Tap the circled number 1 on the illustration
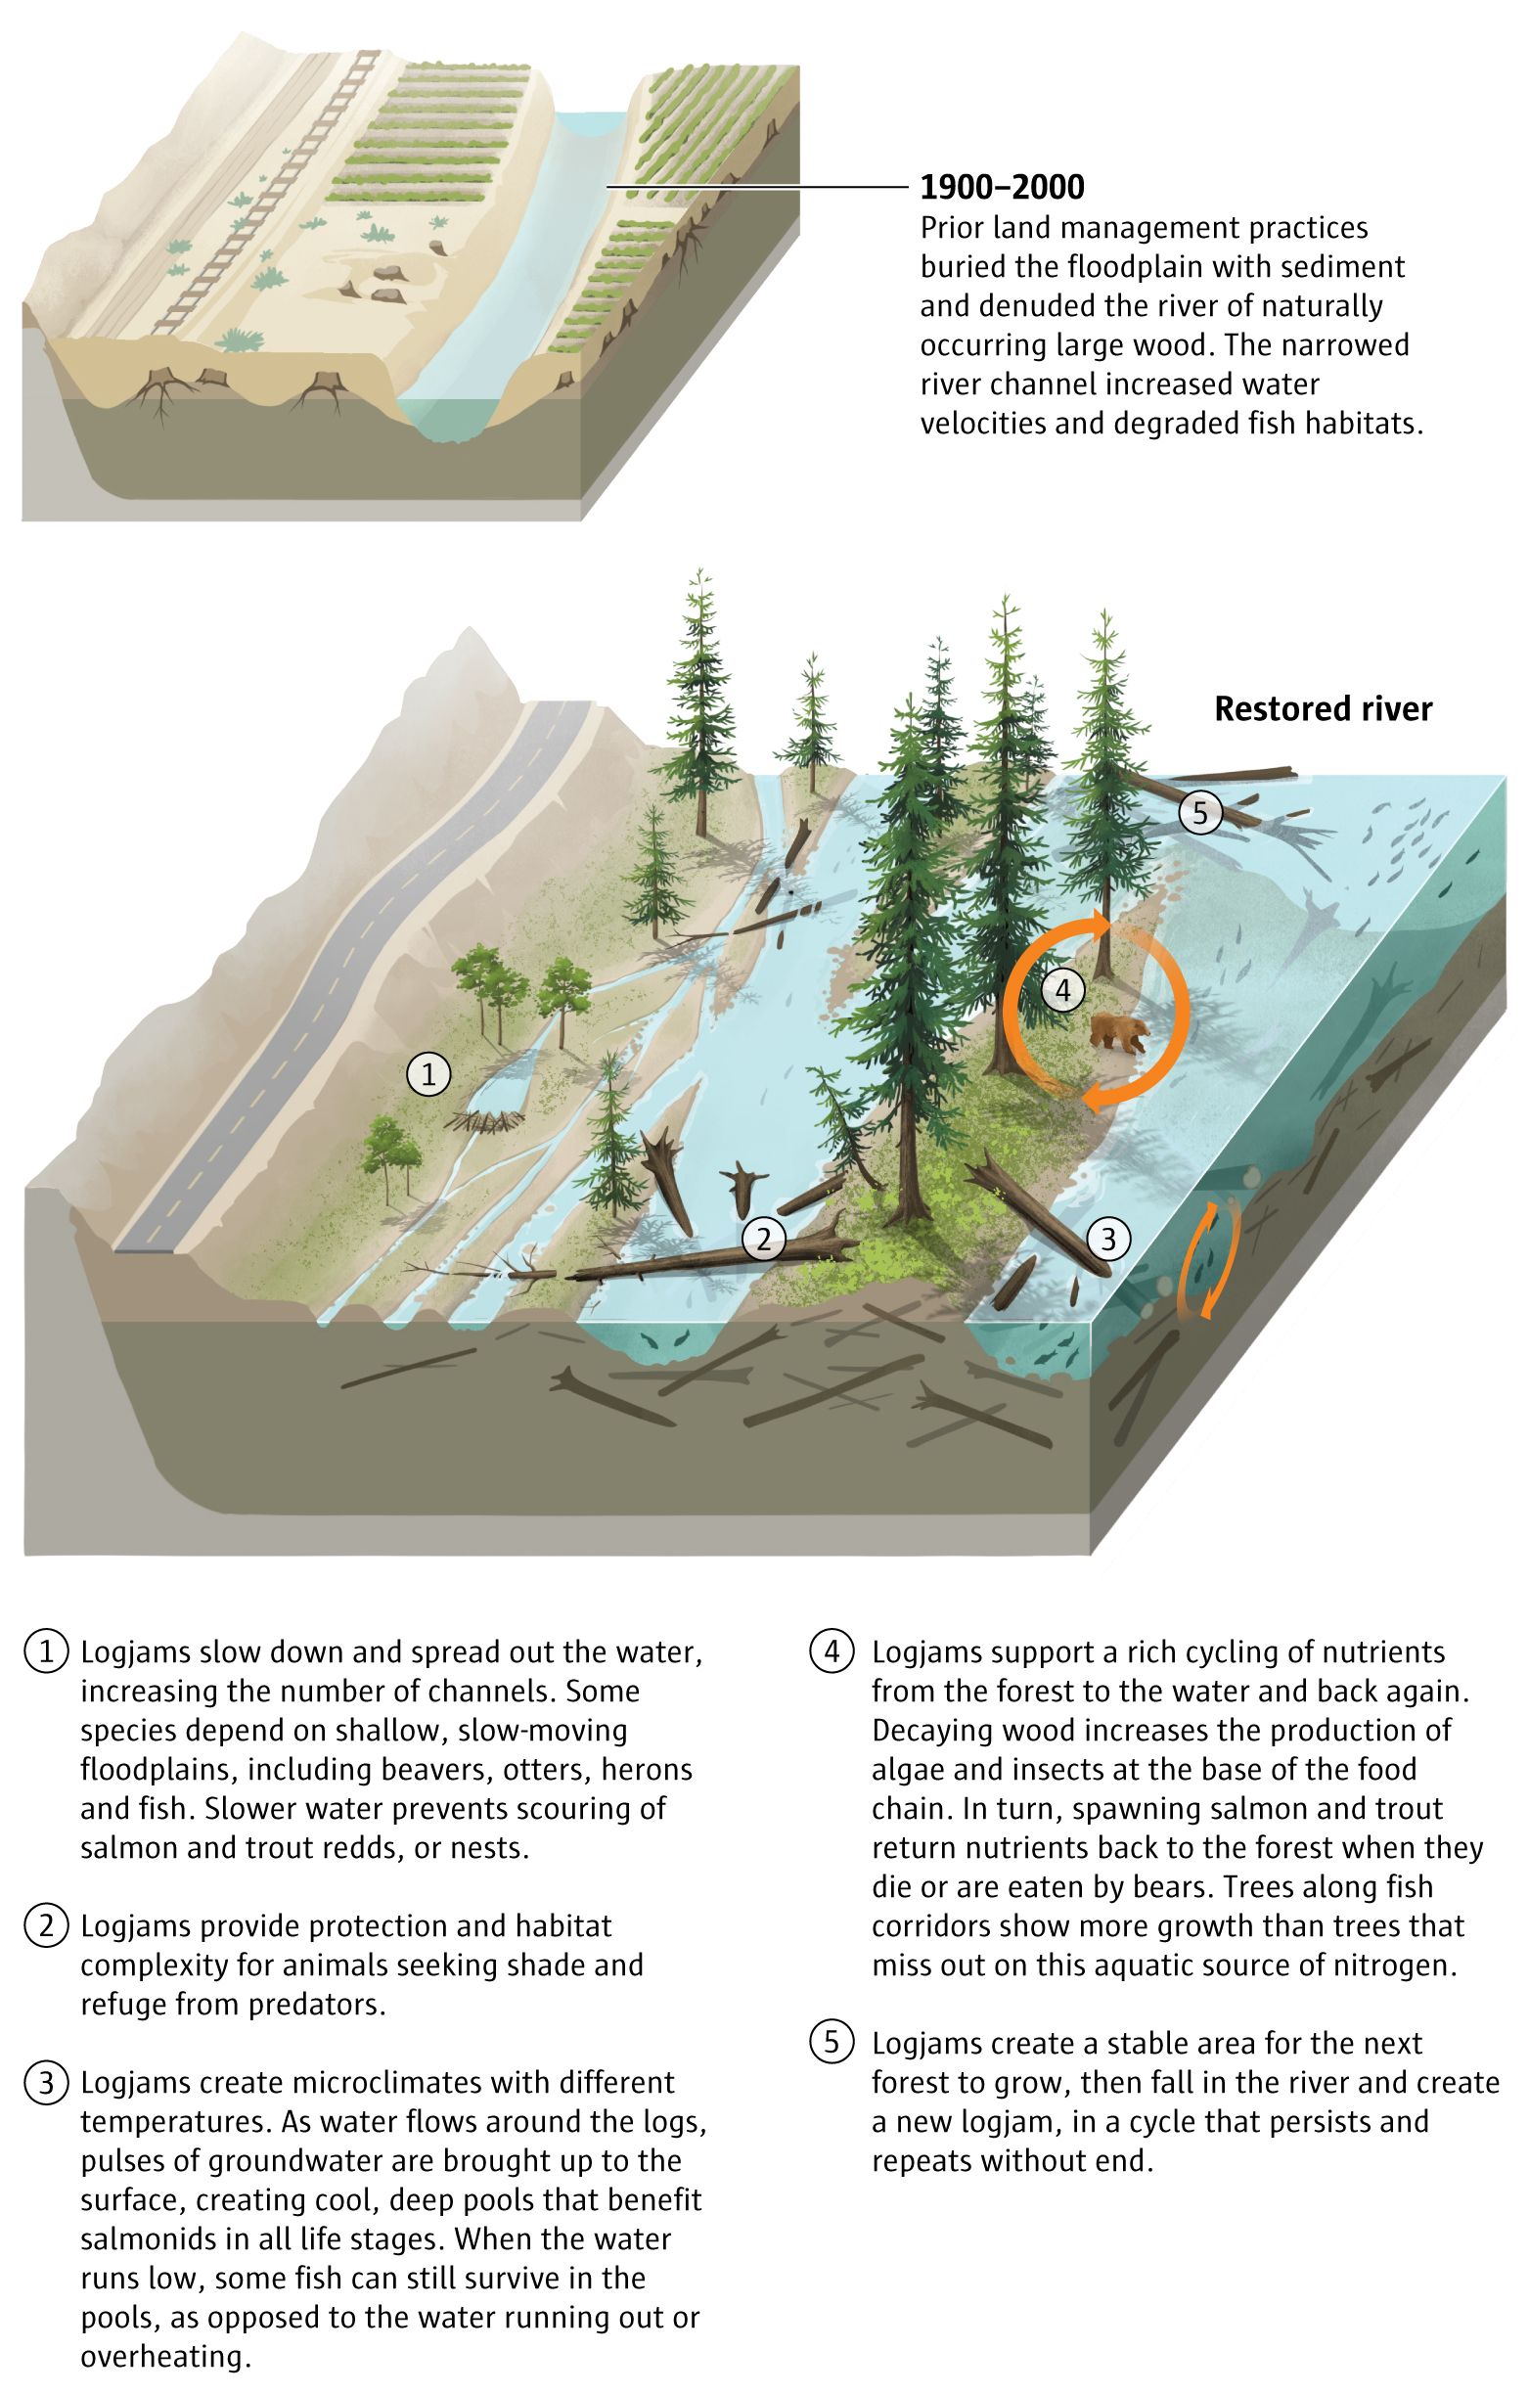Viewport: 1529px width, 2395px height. (428, 1074)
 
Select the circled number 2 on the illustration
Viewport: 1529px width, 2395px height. (764, 1239)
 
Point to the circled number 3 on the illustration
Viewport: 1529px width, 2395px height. (1108, 1239)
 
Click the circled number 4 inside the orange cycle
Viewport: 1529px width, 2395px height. (1062, 990)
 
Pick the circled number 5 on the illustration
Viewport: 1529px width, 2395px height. (1199, 813)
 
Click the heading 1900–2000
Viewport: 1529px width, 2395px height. (1001, 186)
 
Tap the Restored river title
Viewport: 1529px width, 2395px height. (1323, 708)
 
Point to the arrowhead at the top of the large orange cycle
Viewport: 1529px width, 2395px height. (1098, 922)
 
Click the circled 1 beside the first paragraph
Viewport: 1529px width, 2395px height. (46, 1653)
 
